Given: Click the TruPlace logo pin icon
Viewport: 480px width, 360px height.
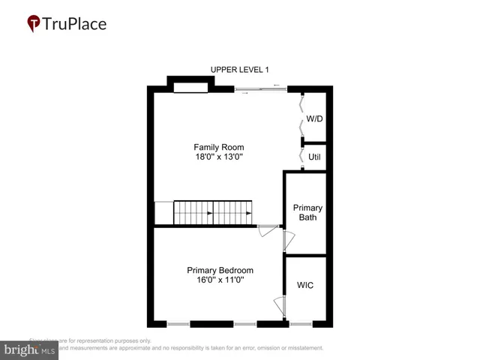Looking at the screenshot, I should pos(34,23).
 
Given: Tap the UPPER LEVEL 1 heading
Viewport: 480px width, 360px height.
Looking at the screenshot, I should pos(238,70).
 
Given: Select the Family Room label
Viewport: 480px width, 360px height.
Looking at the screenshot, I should pos(219,147).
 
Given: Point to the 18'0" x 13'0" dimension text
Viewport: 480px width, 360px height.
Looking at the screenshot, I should pos(219,157).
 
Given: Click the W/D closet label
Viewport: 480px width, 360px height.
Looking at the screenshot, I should pos(315,119).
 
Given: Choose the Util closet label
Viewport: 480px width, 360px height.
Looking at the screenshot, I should pos(315,157).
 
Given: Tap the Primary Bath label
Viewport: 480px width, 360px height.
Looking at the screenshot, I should pos(307,213).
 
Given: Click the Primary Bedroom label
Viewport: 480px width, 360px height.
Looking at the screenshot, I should pos(220,270).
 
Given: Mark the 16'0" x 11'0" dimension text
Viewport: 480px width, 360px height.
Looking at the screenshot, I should pos(220,280).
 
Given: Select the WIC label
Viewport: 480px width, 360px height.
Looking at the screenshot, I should pos(305,286).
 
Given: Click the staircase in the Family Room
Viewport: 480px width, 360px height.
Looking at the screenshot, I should pos(212,212).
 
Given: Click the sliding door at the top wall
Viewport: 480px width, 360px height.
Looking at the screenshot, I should pos(260,90).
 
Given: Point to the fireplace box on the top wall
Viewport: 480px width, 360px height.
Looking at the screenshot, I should pos(190,88).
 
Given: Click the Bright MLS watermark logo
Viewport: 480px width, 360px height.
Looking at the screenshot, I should pos(29,349).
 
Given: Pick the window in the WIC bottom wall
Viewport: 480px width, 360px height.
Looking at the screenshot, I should pos(301,324).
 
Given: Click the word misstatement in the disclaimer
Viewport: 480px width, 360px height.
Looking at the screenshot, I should pos(302,348).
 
